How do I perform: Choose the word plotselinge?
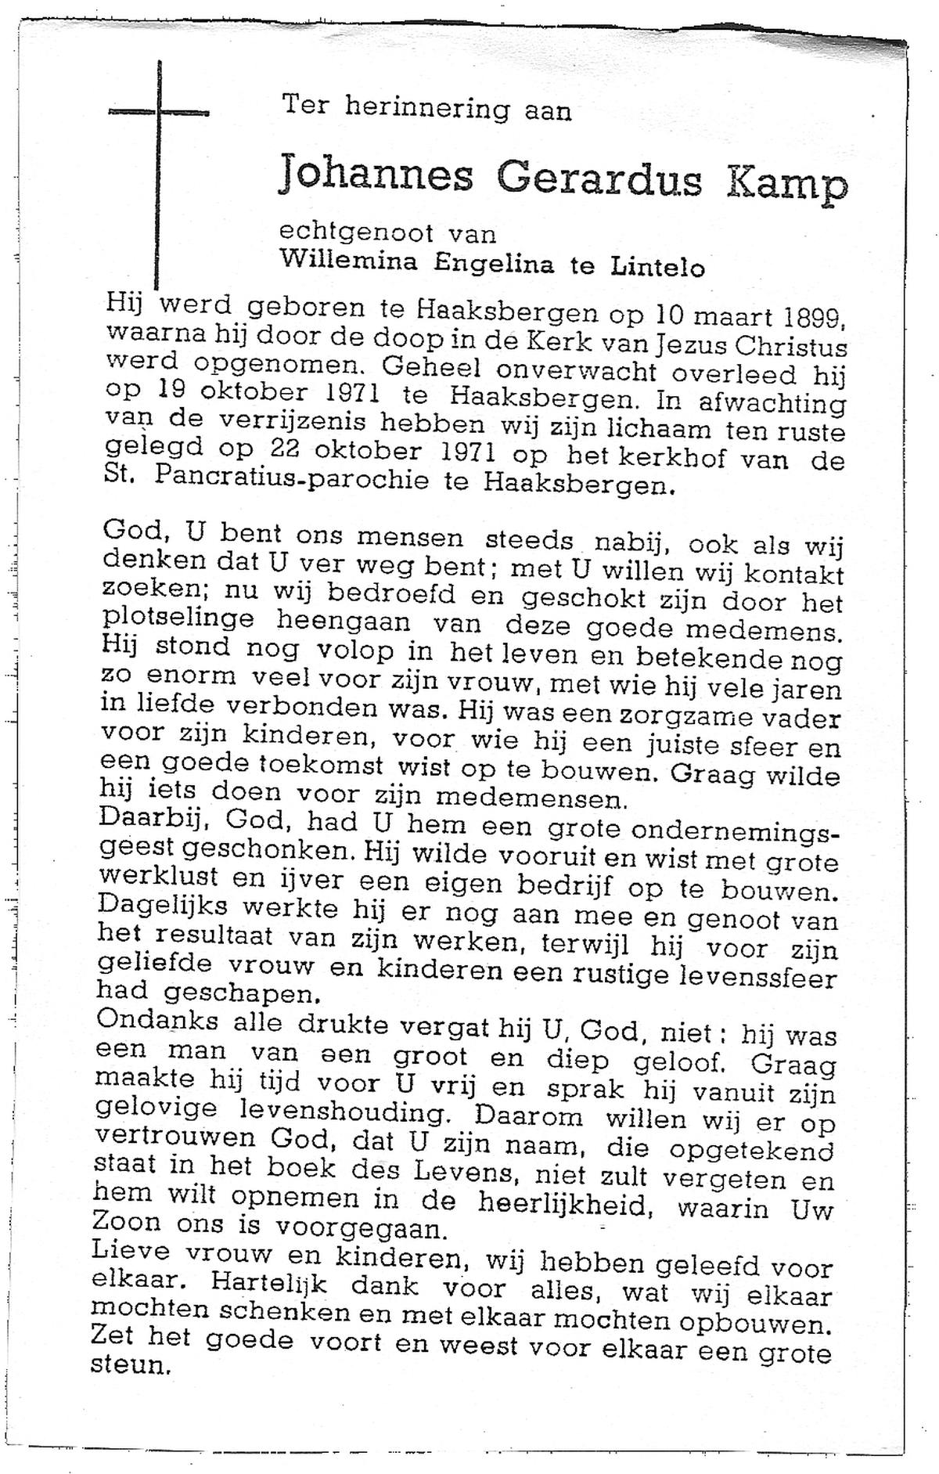178,618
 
